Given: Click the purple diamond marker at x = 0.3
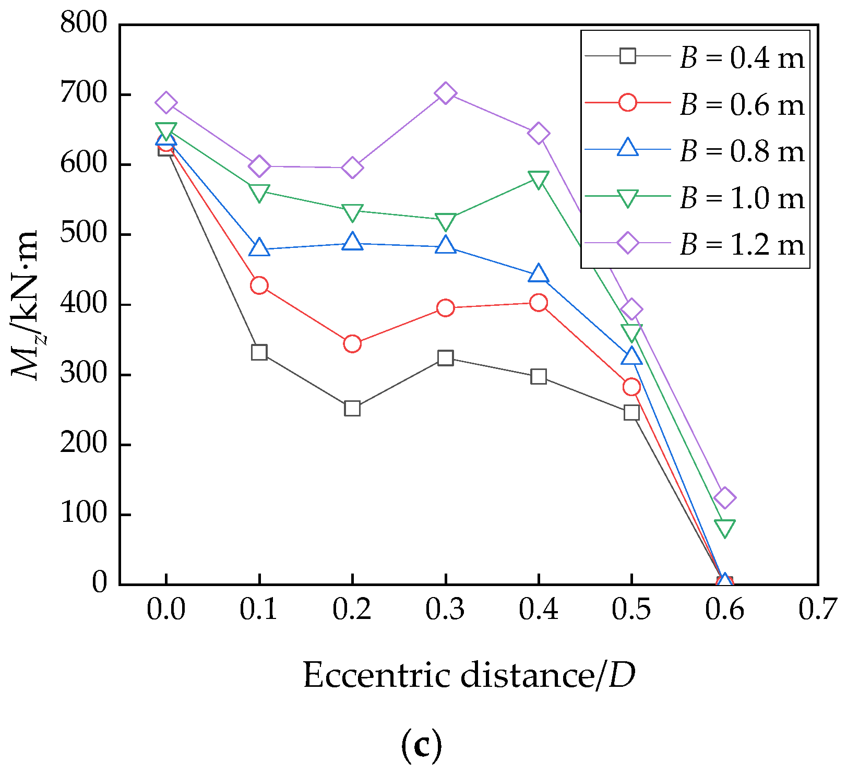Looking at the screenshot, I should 445,93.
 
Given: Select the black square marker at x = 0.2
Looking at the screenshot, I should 352,408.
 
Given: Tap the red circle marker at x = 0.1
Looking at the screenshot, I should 259,285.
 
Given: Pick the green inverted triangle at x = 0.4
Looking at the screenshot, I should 538,179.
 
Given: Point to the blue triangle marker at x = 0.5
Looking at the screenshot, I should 631,356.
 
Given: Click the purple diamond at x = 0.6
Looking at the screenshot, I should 724,497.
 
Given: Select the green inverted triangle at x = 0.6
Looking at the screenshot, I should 724,528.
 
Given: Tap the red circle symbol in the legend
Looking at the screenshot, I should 628,102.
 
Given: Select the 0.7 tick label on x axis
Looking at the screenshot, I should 817,609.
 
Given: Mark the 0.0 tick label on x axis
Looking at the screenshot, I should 166,609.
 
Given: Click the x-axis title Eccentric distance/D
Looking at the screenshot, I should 469,675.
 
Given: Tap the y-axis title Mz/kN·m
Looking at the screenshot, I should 25,305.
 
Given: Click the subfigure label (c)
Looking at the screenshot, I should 422,746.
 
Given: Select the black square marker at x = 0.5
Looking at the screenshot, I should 631,412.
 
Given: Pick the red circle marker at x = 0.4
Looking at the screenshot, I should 538,303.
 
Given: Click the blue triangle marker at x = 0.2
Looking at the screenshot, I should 352,242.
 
